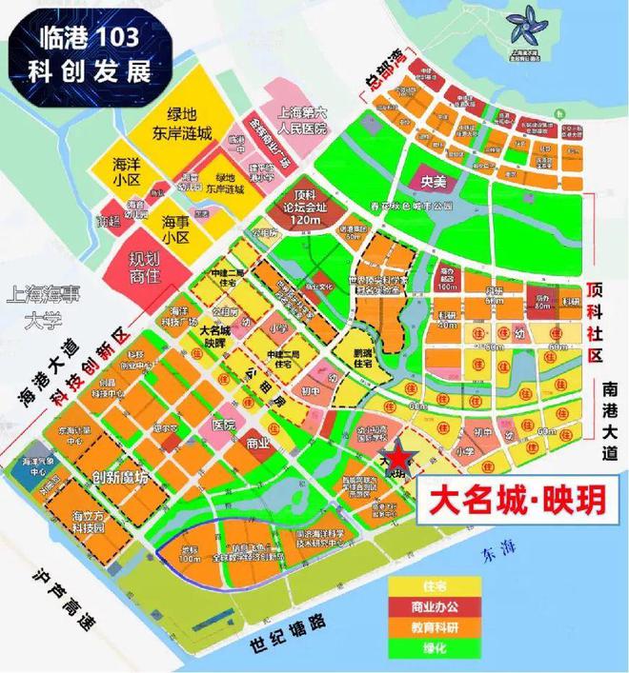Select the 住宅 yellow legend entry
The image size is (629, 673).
pyautogui.click(x=431, y=584)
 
